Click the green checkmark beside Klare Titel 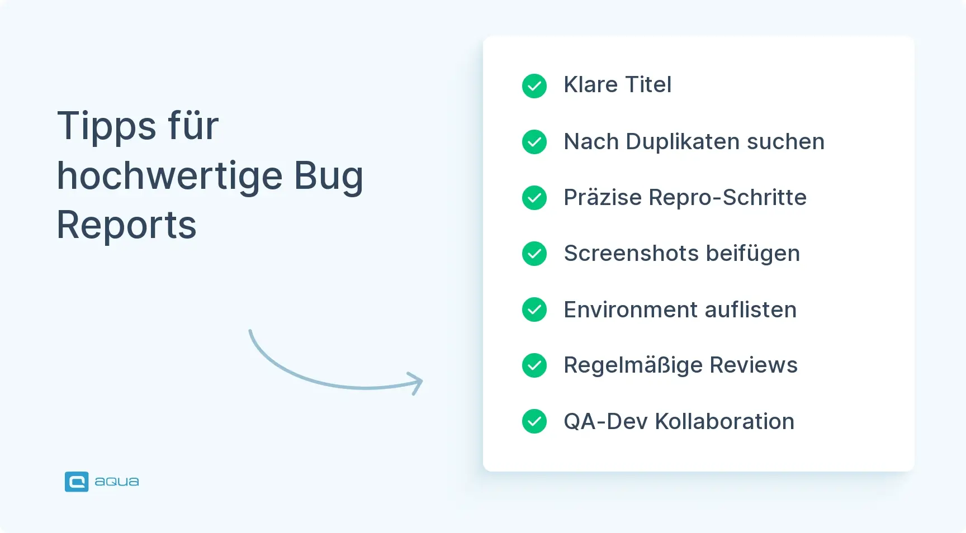[534, 86]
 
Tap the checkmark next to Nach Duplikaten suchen [534, 142]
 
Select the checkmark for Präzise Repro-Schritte [534, 198]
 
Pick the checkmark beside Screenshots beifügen [534, 254]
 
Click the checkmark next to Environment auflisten [534, 310]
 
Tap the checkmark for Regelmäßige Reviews [534, 365]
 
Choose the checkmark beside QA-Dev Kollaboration [534, 421]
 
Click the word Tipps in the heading [107, 126]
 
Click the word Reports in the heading [127, 225]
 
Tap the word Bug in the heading [329, 177]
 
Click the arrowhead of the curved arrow [416, 383]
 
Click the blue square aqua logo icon [77, 482]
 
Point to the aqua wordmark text [117, 482]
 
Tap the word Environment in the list [631, 310]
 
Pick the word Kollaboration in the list [724, 422]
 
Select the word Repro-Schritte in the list [728, 198]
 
